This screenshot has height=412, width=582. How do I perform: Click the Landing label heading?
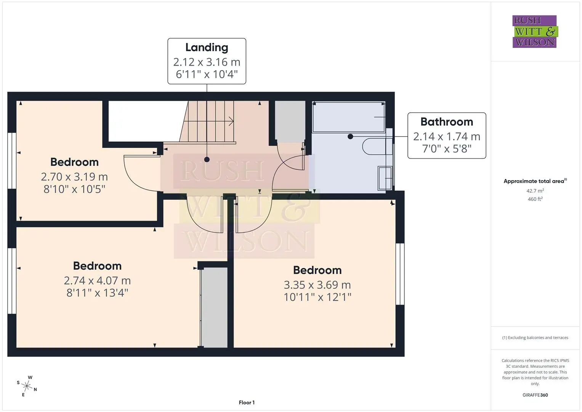tap(207, 47)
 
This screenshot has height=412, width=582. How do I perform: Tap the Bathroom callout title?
tap(447, 122)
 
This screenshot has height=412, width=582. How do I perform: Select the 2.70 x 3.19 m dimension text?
tap(74, 177)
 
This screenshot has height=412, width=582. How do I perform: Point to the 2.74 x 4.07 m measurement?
tap(97, 281)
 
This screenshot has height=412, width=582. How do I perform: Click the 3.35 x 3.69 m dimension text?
tap(317, 285)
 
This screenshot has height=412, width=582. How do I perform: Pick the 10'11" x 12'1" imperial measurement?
tap(317, 297)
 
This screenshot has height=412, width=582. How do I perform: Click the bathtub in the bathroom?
tap(349, 117)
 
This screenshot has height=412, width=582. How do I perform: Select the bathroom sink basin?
tap(385, 178)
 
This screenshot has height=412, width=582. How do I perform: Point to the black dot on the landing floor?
tap(207, 159)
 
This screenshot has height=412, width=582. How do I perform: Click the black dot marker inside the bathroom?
tap(350, 136)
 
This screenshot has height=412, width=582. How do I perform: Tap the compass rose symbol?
tap(27, 386)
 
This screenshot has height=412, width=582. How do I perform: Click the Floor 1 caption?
tap(247, 402)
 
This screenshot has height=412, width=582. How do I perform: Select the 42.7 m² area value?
tap(535, 191)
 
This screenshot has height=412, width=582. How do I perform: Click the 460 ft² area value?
tap(535, 199)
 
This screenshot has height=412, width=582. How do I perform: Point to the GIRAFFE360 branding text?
tap(535, 395)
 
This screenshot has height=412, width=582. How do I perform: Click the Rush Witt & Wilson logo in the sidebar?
tap(535, 31)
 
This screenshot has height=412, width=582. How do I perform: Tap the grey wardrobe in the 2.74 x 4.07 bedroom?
tap(214, 307)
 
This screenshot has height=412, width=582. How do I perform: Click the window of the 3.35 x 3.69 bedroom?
tap(400, 274)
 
